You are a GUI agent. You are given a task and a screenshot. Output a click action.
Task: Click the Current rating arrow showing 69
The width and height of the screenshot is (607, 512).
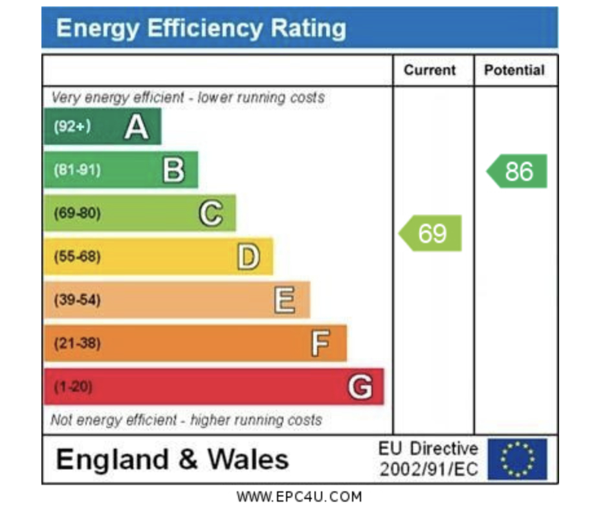click(430, 233)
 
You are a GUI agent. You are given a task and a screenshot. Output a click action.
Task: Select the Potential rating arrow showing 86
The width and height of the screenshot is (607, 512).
click(517, 171)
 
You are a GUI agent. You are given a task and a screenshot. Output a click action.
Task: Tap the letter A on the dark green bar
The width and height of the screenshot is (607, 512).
click(137, 127)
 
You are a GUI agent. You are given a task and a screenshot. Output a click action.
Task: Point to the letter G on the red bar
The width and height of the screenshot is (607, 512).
click(360, 387)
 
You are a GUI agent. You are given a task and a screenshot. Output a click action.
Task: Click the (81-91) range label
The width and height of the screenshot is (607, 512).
click(77, 170)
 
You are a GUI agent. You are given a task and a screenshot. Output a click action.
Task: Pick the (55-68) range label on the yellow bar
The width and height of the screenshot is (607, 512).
click(77, 257)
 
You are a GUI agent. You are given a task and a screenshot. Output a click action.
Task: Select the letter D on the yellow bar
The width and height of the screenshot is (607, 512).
click(248, 257)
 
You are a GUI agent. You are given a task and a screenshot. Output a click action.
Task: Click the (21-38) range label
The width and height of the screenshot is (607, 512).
click(77, 343)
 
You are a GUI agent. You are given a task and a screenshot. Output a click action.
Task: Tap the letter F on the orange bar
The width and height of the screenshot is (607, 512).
click(320, 343)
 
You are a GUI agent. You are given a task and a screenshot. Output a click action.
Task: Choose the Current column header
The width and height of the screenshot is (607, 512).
click(430, 70)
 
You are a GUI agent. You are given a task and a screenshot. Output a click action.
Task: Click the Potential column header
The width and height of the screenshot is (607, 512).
click(514, 70)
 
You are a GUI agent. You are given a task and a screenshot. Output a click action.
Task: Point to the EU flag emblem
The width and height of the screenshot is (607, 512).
click(517, 460)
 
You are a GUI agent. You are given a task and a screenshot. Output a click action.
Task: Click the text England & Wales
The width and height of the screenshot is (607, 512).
click(172, 460)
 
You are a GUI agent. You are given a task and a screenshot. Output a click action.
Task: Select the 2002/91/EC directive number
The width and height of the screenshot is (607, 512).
click(429, 469)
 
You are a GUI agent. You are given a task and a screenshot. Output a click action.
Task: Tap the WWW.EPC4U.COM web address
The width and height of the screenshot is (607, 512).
click(299, 496)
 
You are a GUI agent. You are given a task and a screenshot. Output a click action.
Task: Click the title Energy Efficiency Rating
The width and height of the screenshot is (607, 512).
click(201, 28)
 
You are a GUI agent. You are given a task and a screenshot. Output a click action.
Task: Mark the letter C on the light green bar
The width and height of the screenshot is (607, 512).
click(211, 213)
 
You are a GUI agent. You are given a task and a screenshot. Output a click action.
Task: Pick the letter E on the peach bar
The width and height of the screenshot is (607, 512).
click(285, 300)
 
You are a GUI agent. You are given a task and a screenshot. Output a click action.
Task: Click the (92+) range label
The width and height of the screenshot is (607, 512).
click(72, 127)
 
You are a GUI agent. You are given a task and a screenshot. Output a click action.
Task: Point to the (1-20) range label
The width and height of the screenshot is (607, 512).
click(73, 387)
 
